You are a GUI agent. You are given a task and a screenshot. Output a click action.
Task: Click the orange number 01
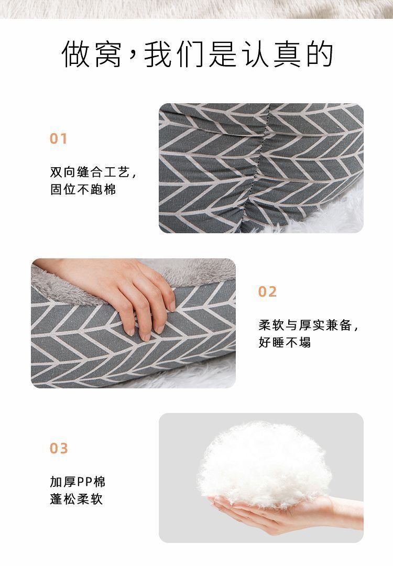(59, 139)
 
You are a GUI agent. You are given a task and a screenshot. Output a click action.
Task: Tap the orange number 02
(267, 292)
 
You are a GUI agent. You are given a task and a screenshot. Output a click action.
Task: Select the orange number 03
(59, 449)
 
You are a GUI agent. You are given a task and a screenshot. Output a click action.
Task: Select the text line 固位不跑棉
(83, 189)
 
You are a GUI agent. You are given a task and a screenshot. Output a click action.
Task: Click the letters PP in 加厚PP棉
(84, 482)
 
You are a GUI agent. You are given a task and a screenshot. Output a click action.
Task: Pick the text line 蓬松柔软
(77, 498)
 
